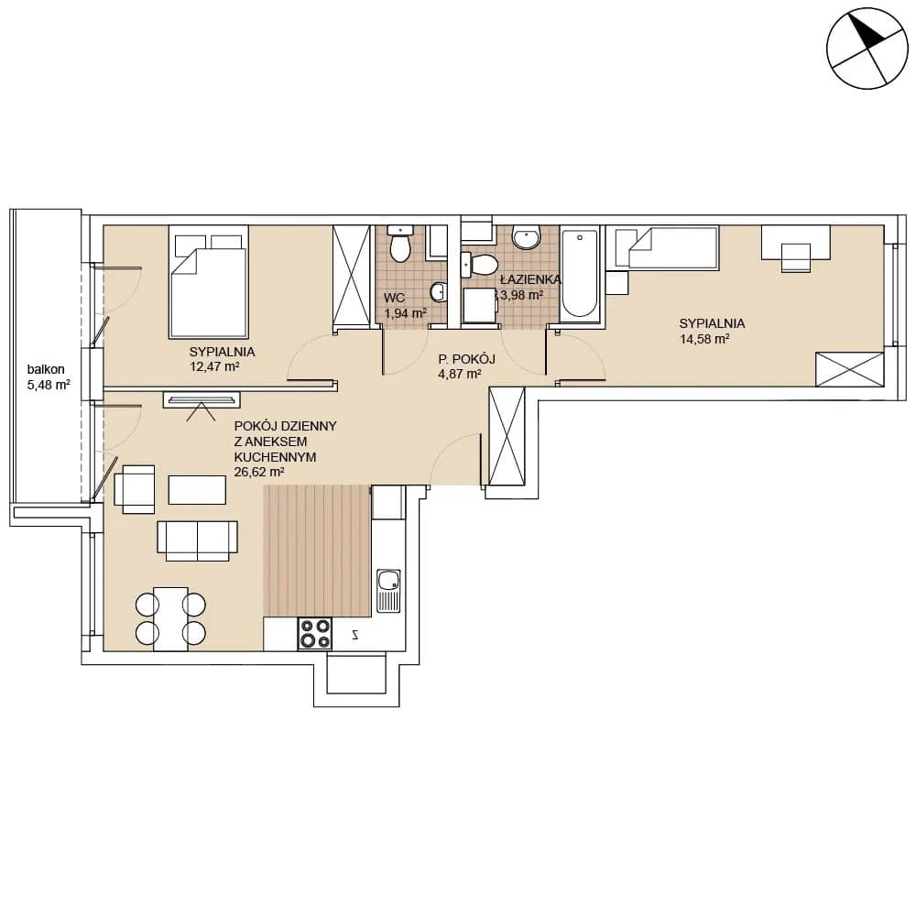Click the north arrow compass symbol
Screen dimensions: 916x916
tap(867, 48)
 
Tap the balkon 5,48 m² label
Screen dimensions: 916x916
tap(49, 376)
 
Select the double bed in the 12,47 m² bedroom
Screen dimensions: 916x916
tap(209, 282)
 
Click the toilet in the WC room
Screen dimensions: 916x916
tap(400, 244)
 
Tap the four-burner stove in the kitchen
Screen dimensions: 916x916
tap(315, 634)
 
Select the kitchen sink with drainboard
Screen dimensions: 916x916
tap(388, 591)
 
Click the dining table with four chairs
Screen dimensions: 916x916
tap(170, 618)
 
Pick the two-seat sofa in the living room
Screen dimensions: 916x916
tap(198, 541)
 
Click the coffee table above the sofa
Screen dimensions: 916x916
tap(197, 489)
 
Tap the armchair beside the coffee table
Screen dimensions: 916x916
tap(135, 489)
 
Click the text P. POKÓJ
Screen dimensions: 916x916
tap(467, 359)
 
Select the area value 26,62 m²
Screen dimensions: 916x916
tap(259, 472)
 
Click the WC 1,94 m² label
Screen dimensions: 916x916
tap(405, 306)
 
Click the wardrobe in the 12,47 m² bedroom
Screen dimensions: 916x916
tap(351, 275)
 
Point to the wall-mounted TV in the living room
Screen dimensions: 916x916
tap(202, 399)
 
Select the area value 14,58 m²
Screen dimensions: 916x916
tap(703, 339)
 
